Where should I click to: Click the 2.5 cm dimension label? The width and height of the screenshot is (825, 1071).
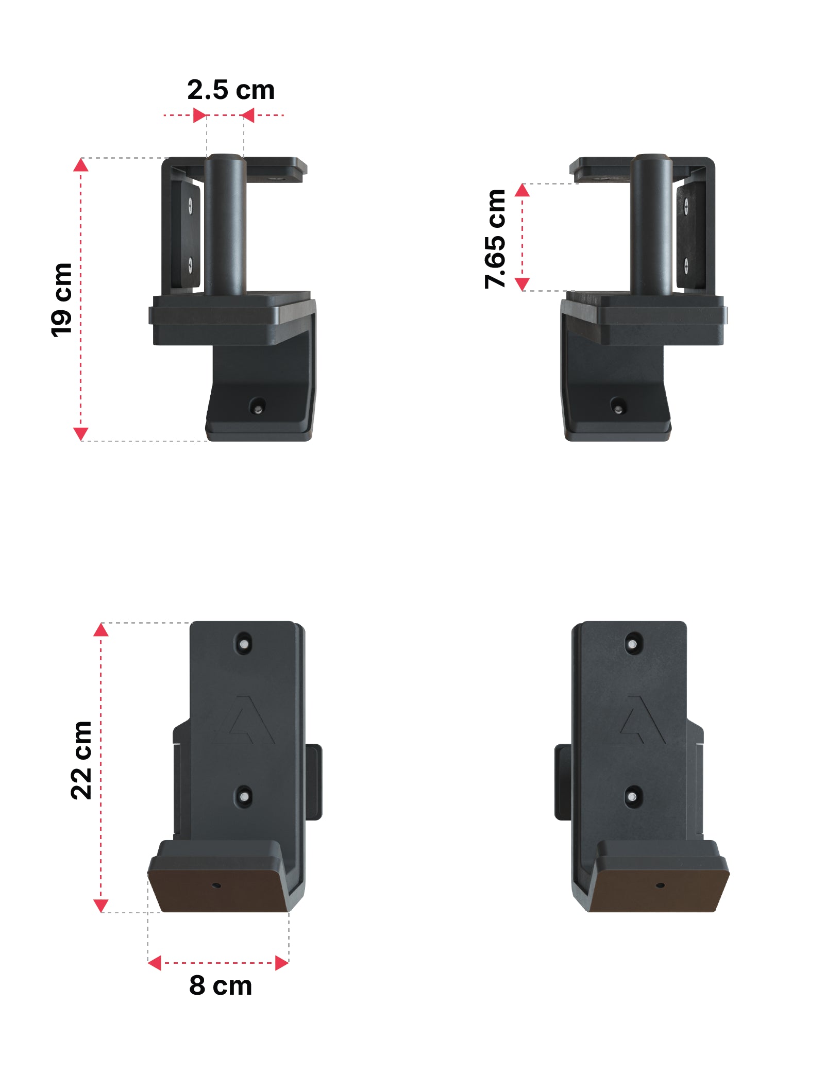[230, 90]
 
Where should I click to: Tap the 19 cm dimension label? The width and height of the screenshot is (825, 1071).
[61, 300]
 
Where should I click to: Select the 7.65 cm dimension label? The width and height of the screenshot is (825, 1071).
[495, 239]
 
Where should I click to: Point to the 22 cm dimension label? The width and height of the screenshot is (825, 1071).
[81, 760]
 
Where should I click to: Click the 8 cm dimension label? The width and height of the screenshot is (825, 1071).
[221, 985]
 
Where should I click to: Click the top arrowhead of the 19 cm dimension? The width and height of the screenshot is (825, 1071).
[81, 165]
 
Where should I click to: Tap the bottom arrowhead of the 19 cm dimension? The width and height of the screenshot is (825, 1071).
[81, 434]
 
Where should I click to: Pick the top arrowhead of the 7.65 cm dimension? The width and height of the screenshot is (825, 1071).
[522, 190]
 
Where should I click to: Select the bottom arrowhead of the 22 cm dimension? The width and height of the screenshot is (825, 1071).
[100, 906]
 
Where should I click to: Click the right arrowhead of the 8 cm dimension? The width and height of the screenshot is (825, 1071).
[282, 963]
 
